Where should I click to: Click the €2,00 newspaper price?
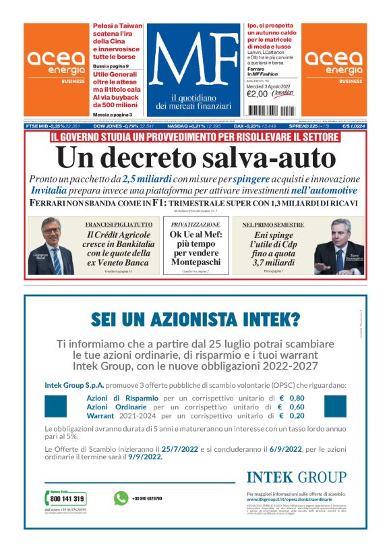257,94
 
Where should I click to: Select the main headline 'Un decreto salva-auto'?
195,157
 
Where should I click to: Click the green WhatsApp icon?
121,498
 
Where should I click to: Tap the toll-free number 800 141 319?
68,498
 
